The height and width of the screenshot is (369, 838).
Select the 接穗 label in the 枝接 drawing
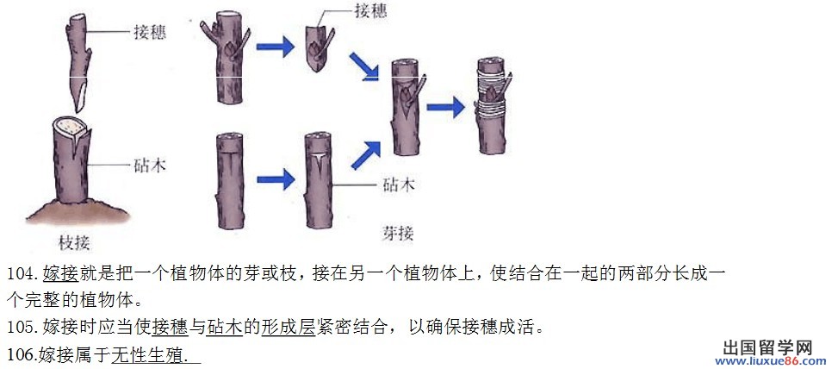pyautogui.click(x=150, y=33)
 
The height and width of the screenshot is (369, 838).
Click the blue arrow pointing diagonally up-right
pyautogui.click(x=365, y=156)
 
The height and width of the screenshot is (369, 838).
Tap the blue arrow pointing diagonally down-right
pyautogui.click(x=365, y=66)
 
